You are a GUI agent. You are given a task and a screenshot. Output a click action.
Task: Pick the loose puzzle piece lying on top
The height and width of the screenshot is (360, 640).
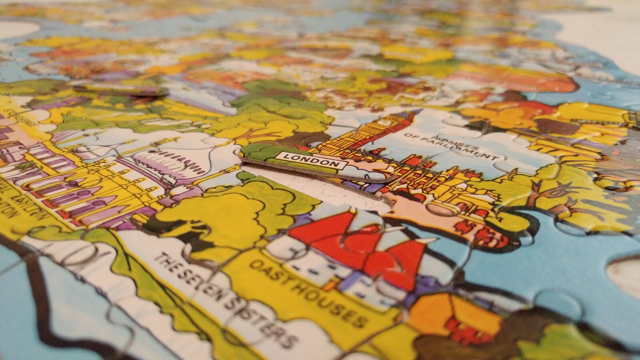[120, 90]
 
